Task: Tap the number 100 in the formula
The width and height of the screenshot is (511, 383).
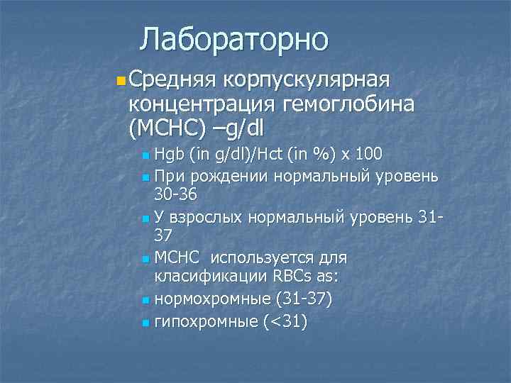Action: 368,153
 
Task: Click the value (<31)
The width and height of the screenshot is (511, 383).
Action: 285,322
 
